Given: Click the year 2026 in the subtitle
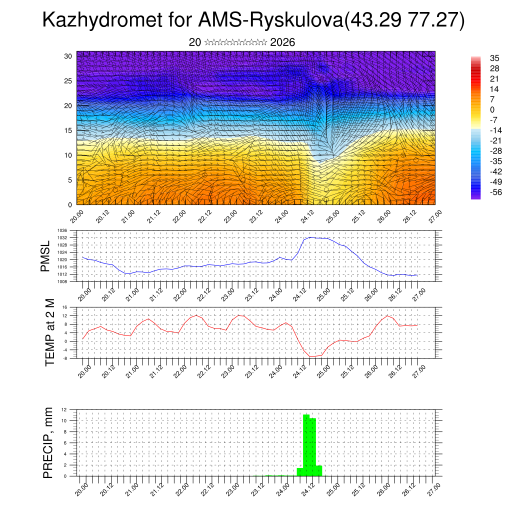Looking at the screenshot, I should click(282, 42).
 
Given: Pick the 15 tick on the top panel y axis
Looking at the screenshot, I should click(68, 130).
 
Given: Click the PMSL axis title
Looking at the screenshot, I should click(45, 256).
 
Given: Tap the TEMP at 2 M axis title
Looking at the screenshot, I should click(49, 332).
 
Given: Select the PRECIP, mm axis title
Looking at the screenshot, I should click(48, 442).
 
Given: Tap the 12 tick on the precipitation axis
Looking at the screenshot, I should click(64, 409).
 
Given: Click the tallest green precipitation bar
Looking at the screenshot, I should click(306, 445).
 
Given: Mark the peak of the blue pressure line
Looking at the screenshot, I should click(310, 237).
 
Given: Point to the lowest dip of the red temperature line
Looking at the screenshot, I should click(310, 356).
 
